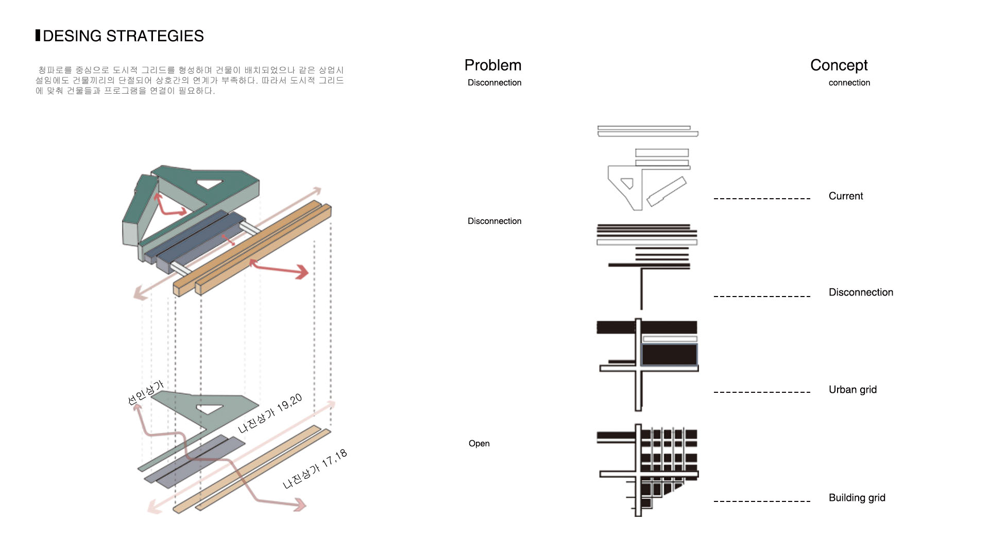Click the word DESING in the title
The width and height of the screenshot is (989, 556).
[x=72, y=36]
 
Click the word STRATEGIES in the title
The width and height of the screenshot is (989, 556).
[x=155, y=36]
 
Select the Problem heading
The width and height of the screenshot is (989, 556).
[x=492, y=65]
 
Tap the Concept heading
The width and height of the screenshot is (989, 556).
[x=839, y=65]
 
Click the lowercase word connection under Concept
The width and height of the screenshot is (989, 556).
[x=849, y=83]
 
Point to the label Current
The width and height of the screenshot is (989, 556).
[x=845, y=196]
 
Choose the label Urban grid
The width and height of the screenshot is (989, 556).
[x=852, y=390]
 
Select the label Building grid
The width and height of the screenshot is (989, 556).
[x=857, y=498]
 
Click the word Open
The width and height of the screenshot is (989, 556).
[x=479, y=444]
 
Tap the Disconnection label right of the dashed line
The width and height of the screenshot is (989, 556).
[x=861, y=292]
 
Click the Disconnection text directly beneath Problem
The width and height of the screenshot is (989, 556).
[x=494, y=83]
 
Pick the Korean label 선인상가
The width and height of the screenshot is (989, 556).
[x=145, y=393]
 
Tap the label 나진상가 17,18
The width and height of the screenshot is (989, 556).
[x=315, y=469]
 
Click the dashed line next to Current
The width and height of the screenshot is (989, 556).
[x=762, y=198]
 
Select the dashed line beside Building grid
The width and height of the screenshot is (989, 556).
[x=762, y=501]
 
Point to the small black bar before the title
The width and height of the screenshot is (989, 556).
[x=38, y=36]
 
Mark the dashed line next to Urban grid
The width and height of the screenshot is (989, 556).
[x=762, y=392]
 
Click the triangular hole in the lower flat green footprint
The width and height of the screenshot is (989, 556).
[x=209, y=409]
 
